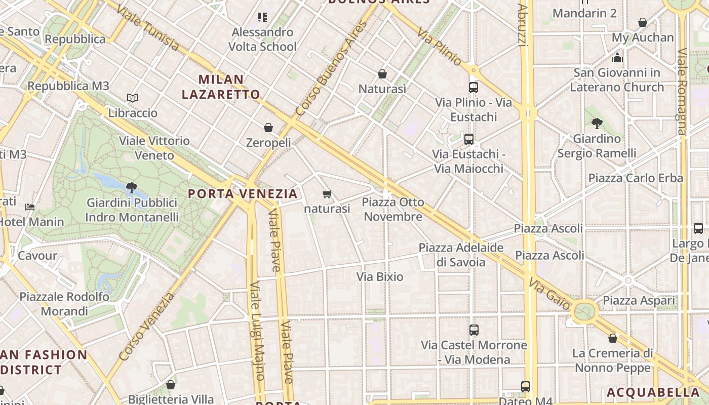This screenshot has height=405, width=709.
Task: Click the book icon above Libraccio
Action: [133, 98]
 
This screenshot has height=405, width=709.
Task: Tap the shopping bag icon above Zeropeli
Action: [268, 128]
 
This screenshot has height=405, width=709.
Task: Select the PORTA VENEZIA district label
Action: [243, 193]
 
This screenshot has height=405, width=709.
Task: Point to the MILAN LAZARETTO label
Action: [221, 87]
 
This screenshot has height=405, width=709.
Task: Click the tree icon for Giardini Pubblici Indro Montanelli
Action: [132, 188]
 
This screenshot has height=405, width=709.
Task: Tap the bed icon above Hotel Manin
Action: [30, 207]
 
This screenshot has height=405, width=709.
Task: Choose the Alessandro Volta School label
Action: [262, 39]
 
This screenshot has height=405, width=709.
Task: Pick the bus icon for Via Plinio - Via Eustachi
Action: [474, 87]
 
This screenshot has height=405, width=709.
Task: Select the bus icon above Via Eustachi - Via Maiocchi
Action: [469, 139]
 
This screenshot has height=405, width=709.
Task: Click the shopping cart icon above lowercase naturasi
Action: [327, 194]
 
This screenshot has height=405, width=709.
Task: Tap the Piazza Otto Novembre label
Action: [393, 210]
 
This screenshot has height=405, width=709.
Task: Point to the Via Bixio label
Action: [380, 277]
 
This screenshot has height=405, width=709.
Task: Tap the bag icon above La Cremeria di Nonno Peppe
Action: [613, 338]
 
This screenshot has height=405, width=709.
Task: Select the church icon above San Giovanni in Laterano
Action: [617, 58]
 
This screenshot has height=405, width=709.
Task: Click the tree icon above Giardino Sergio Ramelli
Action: [597, 123]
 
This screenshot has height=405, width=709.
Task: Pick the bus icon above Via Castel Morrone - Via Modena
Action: [474, 330]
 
